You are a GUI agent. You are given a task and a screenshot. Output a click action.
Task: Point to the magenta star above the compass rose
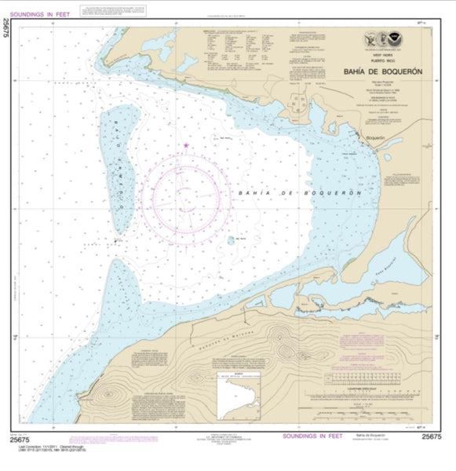(x=186, y=145)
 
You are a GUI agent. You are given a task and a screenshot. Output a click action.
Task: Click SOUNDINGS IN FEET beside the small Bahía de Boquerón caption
(x=307, y=436)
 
